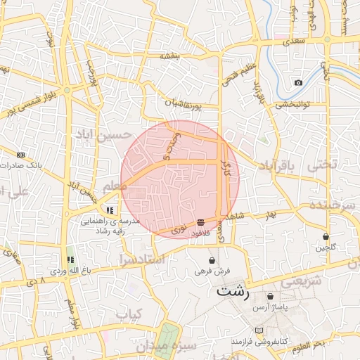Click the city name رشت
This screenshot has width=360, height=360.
point(233,290)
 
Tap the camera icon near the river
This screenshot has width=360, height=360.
point(298,83)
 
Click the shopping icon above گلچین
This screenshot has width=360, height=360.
point(326,236)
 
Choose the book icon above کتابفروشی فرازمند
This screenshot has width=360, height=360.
point(258,330)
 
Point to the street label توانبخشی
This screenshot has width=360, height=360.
point(302,105)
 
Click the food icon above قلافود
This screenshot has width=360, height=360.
point(201,222)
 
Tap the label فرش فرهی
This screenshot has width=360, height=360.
point(213,270)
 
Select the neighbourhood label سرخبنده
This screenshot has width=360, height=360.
point(336,205)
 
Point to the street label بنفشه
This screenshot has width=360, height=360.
point(170,56)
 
